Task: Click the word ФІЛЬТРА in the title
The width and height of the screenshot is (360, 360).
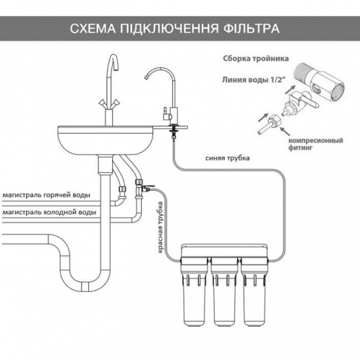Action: pos(252,28)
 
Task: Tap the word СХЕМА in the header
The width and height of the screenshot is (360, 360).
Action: pos(93,28)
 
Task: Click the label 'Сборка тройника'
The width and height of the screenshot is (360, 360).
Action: pos(256,59)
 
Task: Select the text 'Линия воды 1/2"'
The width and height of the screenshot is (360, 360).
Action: pos(252,80)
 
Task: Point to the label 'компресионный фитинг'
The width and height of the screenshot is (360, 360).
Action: pos(315,144)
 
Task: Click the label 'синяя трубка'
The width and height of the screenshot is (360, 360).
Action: pos(228,158)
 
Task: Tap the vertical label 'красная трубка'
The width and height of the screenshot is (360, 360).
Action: pos(160,227)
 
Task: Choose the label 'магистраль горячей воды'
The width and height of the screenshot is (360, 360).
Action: pos(46,194)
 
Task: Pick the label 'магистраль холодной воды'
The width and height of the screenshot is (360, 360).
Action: pos(49,212)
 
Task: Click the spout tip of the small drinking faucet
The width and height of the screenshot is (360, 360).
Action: pos(146,77)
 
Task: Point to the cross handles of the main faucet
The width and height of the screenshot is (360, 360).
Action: pos(109,103)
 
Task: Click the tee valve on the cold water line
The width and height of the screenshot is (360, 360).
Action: pos(142,189)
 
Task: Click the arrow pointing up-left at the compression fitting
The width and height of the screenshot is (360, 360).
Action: pos(285,132)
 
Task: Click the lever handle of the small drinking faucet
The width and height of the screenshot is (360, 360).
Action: pos(166,113)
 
